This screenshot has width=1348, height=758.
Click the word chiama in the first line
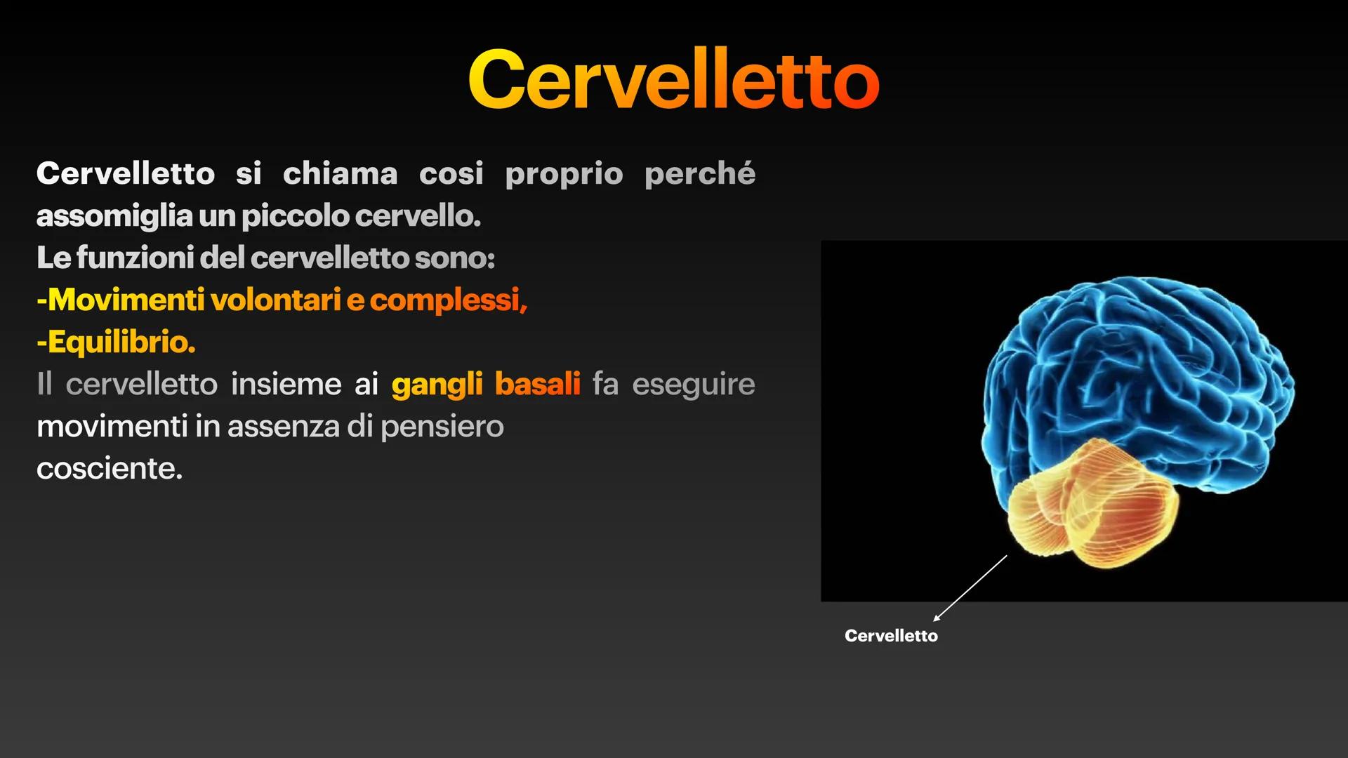point(340,173)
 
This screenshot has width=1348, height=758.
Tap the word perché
point(699,173)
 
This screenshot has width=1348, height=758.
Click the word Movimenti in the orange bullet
point(125,300)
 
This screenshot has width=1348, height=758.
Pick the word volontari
point(275,300)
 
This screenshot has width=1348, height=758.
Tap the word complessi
point(447,300)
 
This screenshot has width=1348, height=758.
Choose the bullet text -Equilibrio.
point(116,342)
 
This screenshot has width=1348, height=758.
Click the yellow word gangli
point(437,384)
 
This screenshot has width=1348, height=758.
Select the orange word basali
point(537,384)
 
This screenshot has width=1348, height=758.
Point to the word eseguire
point(693,384)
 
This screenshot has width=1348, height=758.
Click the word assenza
point(283,427)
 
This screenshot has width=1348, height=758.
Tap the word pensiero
point(442,427)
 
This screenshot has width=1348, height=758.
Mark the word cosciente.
point(109,469)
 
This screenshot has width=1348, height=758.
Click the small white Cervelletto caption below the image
point(890,636)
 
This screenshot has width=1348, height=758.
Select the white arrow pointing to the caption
point(970,588)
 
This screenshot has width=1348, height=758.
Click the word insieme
point(286,384)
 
